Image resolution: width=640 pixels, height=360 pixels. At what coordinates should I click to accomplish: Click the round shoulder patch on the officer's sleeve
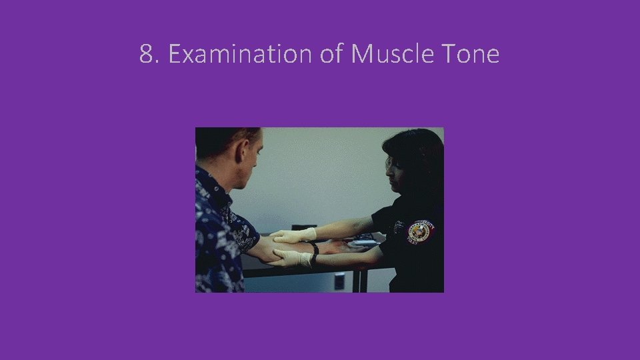tap(421, 232)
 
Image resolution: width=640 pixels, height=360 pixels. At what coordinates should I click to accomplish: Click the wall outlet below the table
tap(339, 281)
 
